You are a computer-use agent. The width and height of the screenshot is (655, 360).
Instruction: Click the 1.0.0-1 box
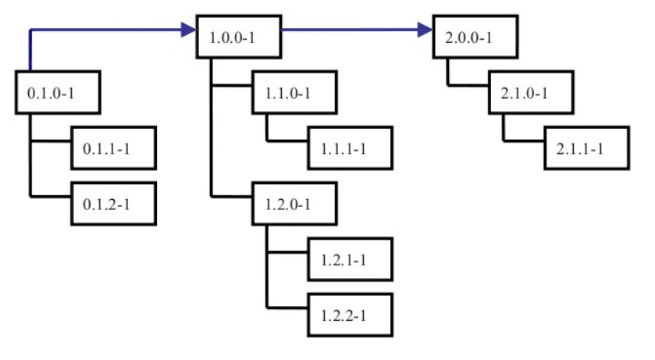[x=237, y=36]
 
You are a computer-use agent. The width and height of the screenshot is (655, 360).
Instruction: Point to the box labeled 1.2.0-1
[x=293, y=205]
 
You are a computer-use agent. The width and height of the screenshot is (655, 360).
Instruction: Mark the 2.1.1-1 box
[x=586, y=147]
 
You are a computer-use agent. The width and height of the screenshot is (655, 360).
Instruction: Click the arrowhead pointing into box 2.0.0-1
[x=425, y=30]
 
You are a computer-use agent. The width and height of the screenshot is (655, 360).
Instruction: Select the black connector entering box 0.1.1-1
[x=51, y=141]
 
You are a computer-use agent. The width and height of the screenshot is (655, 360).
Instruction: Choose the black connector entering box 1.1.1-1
[x=287, y=141]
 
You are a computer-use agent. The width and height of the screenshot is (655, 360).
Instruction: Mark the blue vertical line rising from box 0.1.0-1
[x=30, y=51]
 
